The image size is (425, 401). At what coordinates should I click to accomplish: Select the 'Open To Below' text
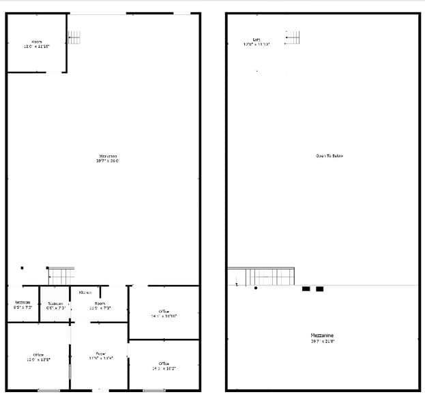[x=329, y=156]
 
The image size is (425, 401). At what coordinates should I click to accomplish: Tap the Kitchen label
[x=85, y=293]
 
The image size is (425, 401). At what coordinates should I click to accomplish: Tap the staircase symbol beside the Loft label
[x=293, y=37]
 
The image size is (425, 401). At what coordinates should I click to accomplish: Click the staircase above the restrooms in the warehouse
[x=61, y=276]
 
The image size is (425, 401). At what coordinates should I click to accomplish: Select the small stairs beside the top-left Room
[x=74, y=37]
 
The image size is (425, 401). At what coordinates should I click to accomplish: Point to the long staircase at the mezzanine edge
[x=261, y=276]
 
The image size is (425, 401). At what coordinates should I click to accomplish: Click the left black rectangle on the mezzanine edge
[x=306, y=288]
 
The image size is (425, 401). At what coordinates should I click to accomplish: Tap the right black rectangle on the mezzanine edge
[x=319, y=288]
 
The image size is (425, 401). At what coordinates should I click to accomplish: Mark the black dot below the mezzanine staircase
[x=256, y=288]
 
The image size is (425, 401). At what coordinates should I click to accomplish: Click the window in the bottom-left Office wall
[x=48, y=390]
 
